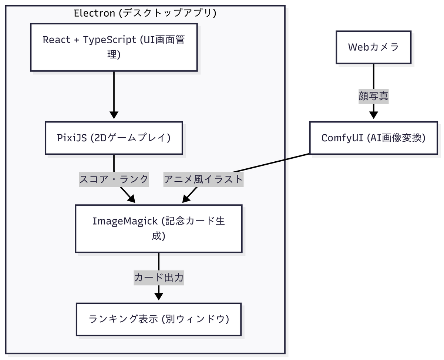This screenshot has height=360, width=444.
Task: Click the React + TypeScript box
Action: tap(114, 47)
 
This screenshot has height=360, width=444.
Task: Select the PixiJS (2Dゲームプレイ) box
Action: tap(114, 138)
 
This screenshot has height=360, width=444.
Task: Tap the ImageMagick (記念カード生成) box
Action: tap(158, 228)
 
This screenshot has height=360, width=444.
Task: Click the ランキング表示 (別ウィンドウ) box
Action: tap(158, 319)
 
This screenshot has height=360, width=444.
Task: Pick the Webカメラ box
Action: tap(373, 47)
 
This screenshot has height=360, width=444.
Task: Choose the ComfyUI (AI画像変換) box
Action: tap(373, 138)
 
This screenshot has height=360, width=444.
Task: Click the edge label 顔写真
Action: tap(373, 96)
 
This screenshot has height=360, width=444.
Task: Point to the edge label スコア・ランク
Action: tap(114, 179)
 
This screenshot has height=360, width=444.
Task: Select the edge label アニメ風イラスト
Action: tap(203, 179)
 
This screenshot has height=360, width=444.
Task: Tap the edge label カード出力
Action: tap(158, 277)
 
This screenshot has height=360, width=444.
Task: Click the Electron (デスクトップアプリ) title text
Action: tap(145, 13)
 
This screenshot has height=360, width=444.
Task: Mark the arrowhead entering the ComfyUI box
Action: tap(373, 115)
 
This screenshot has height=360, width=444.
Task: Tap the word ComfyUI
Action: tap(336, 138)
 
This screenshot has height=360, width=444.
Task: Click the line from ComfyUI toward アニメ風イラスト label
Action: tap(274, 163)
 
